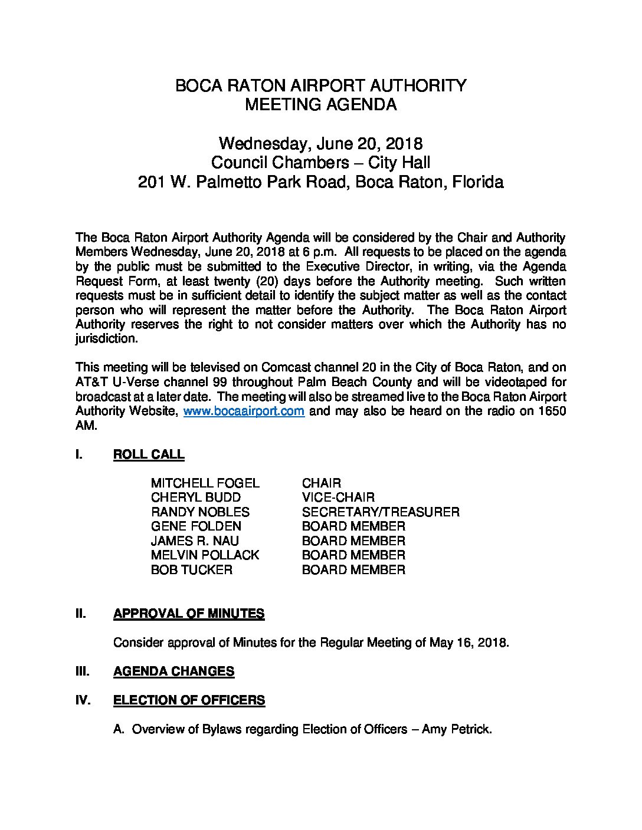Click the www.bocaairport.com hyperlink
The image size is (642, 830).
tap(244, 411)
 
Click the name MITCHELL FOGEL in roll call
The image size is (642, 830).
tap(205, 483)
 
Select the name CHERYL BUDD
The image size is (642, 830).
tap(196, 498)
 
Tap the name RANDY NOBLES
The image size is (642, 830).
tap(200, 512)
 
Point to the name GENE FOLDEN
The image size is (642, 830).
tap(196, 526)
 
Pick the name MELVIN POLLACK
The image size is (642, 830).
tap(205, 555)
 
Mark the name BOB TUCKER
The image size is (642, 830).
tap(192, 569)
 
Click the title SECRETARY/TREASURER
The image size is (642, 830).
tap(381, 512)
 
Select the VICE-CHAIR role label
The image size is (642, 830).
tap(338, 498)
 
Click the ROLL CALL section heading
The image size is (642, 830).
tap(149, 454)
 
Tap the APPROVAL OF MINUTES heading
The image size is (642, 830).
tap(189, 614)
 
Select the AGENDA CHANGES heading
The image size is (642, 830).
tap(173, 671)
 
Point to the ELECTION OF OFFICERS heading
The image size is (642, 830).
tap(189, 700)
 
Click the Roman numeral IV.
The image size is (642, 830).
tap(83, 700)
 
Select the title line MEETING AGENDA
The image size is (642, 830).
tap(320, 105)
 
